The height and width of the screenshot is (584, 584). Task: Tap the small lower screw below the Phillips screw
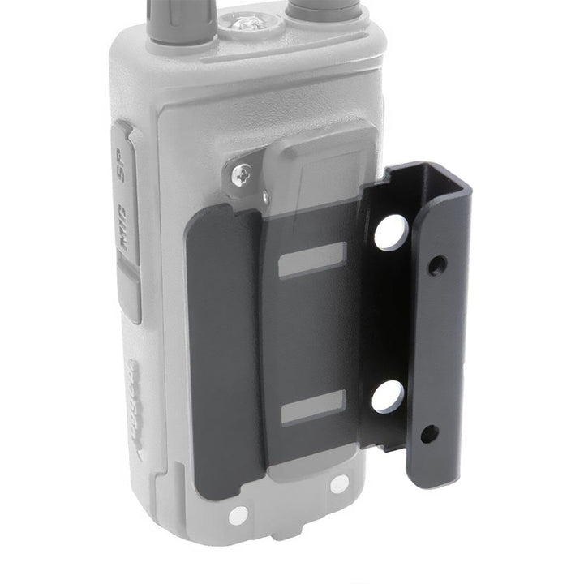point(265,194)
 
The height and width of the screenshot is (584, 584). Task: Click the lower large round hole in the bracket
point(387,397)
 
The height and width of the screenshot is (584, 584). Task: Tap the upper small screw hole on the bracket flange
point(437,264)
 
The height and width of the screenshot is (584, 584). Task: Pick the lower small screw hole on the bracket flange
point(430,434)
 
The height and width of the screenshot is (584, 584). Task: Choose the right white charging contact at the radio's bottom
point(339,483)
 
